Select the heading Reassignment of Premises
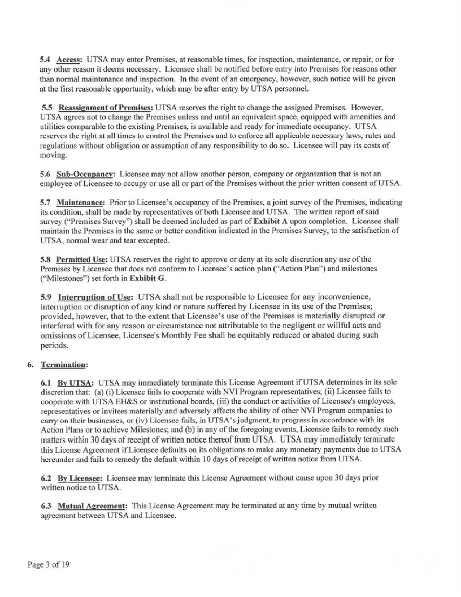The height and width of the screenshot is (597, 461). point(105,107)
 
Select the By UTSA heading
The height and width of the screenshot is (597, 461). point(74,383)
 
